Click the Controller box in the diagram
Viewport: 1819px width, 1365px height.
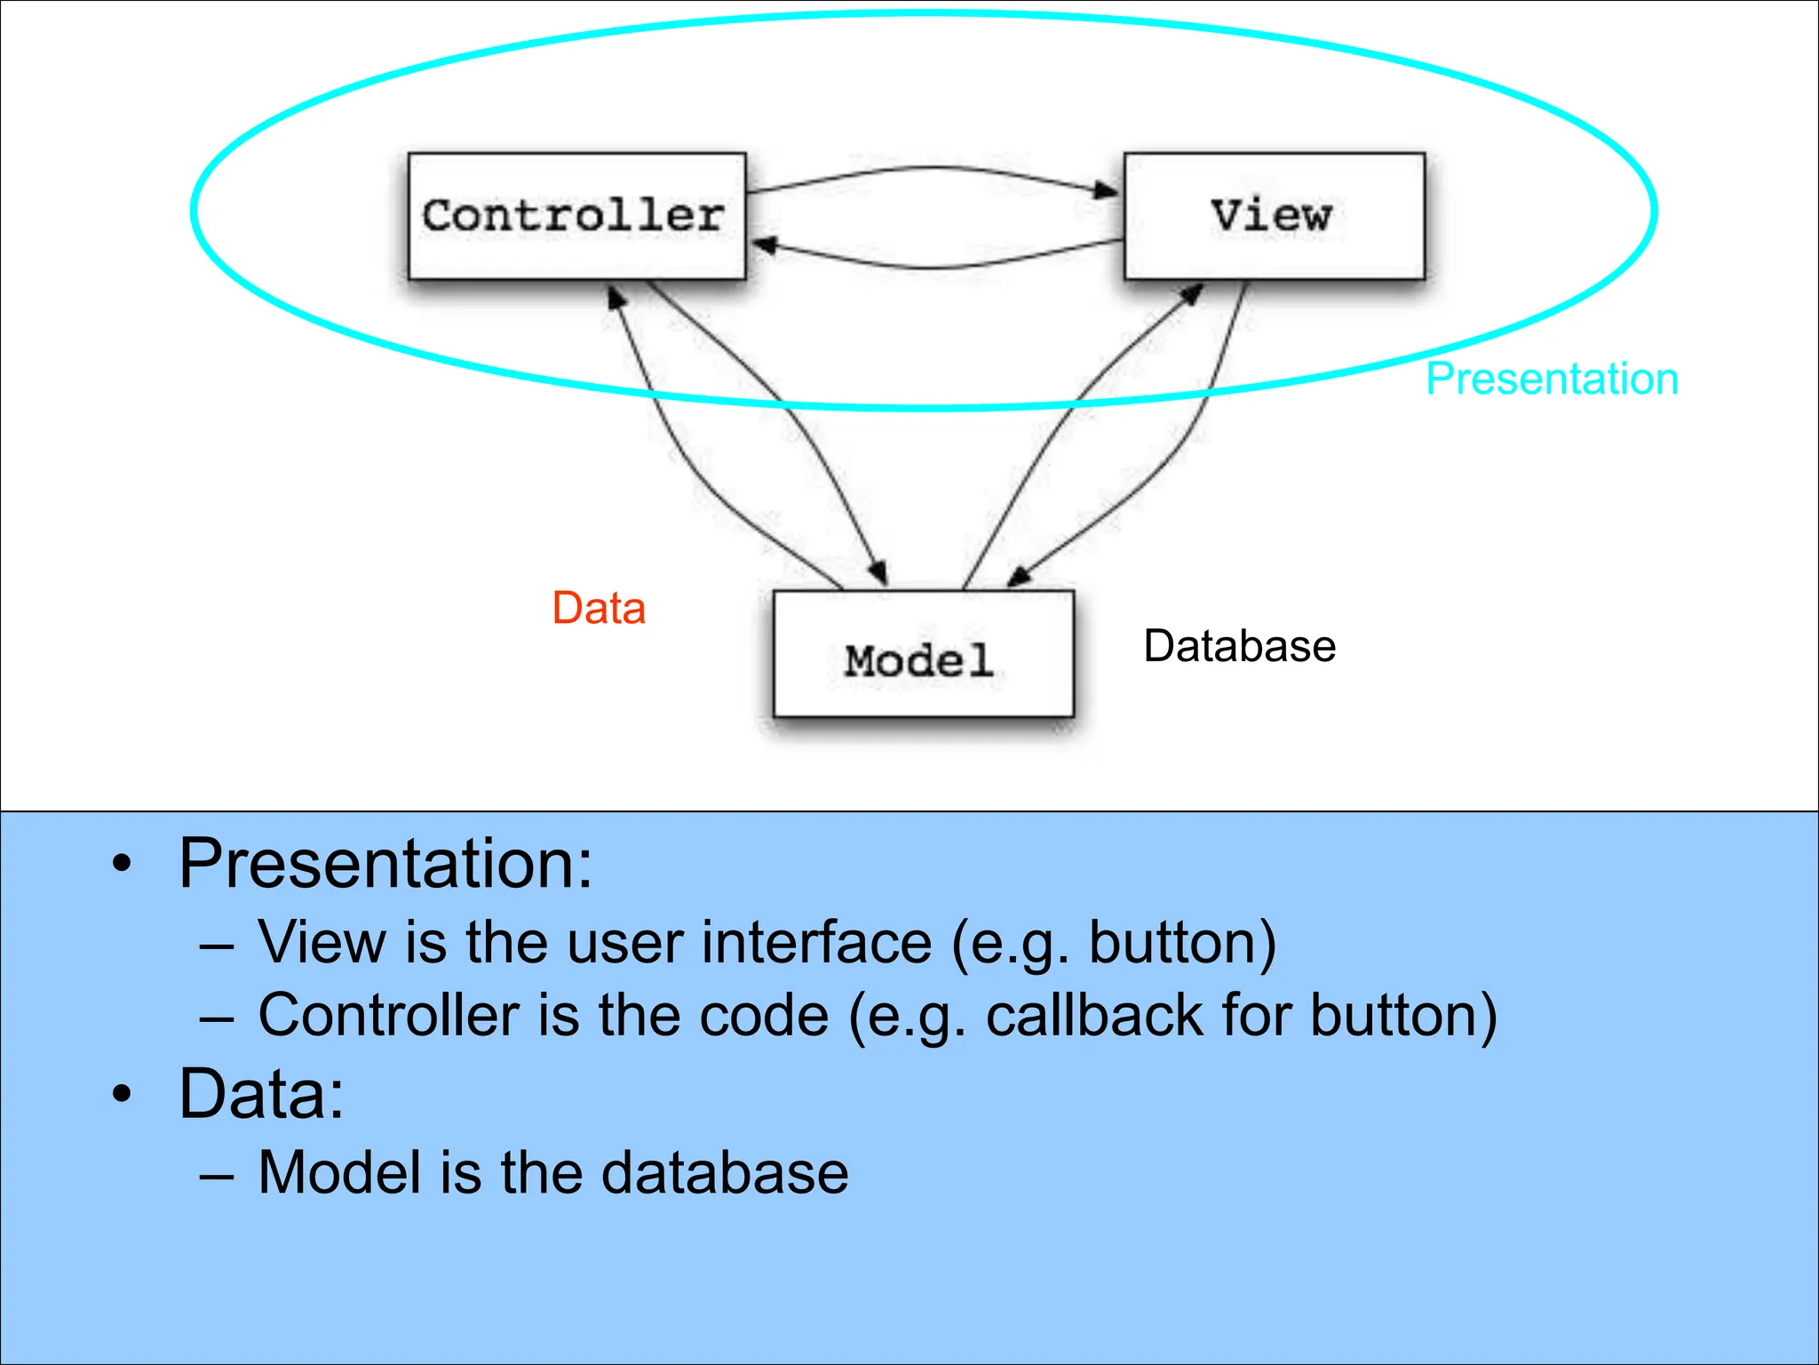tap(576, 216)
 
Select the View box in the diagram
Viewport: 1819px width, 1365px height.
tap(1274, 216)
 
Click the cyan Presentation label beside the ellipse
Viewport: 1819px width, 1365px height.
tap(1552, 379)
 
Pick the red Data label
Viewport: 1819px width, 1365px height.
tap(599, 609)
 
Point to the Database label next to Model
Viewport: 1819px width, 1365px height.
tap(1239, 646)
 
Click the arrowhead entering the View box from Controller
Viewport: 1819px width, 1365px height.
tap(1107, 190)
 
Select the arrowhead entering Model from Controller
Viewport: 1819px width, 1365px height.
tap(878, 573)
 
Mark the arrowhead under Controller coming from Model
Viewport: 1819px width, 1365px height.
tap(616, 297)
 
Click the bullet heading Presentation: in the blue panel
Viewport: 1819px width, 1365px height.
tap(385, 864)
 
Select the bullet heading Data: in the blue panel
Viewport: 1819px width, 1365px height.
tap(261, 1094)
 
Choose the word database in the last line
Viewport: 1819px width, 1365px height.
tap(725, 1173)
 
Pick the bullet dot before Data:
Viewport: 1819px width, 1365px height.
tap(123, 1094)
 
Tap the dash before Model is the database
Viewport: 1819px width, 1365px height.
tap(217, 1176)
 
